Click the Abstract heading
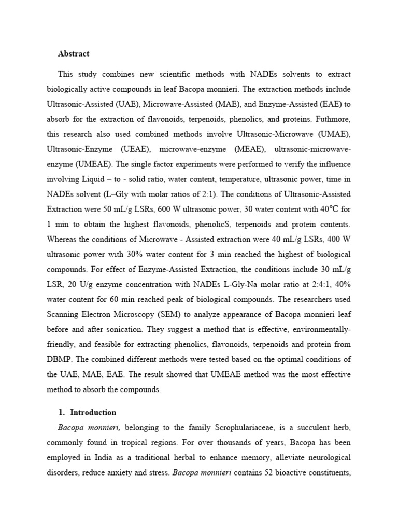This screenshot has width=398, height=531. click(x=74, y=53)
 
